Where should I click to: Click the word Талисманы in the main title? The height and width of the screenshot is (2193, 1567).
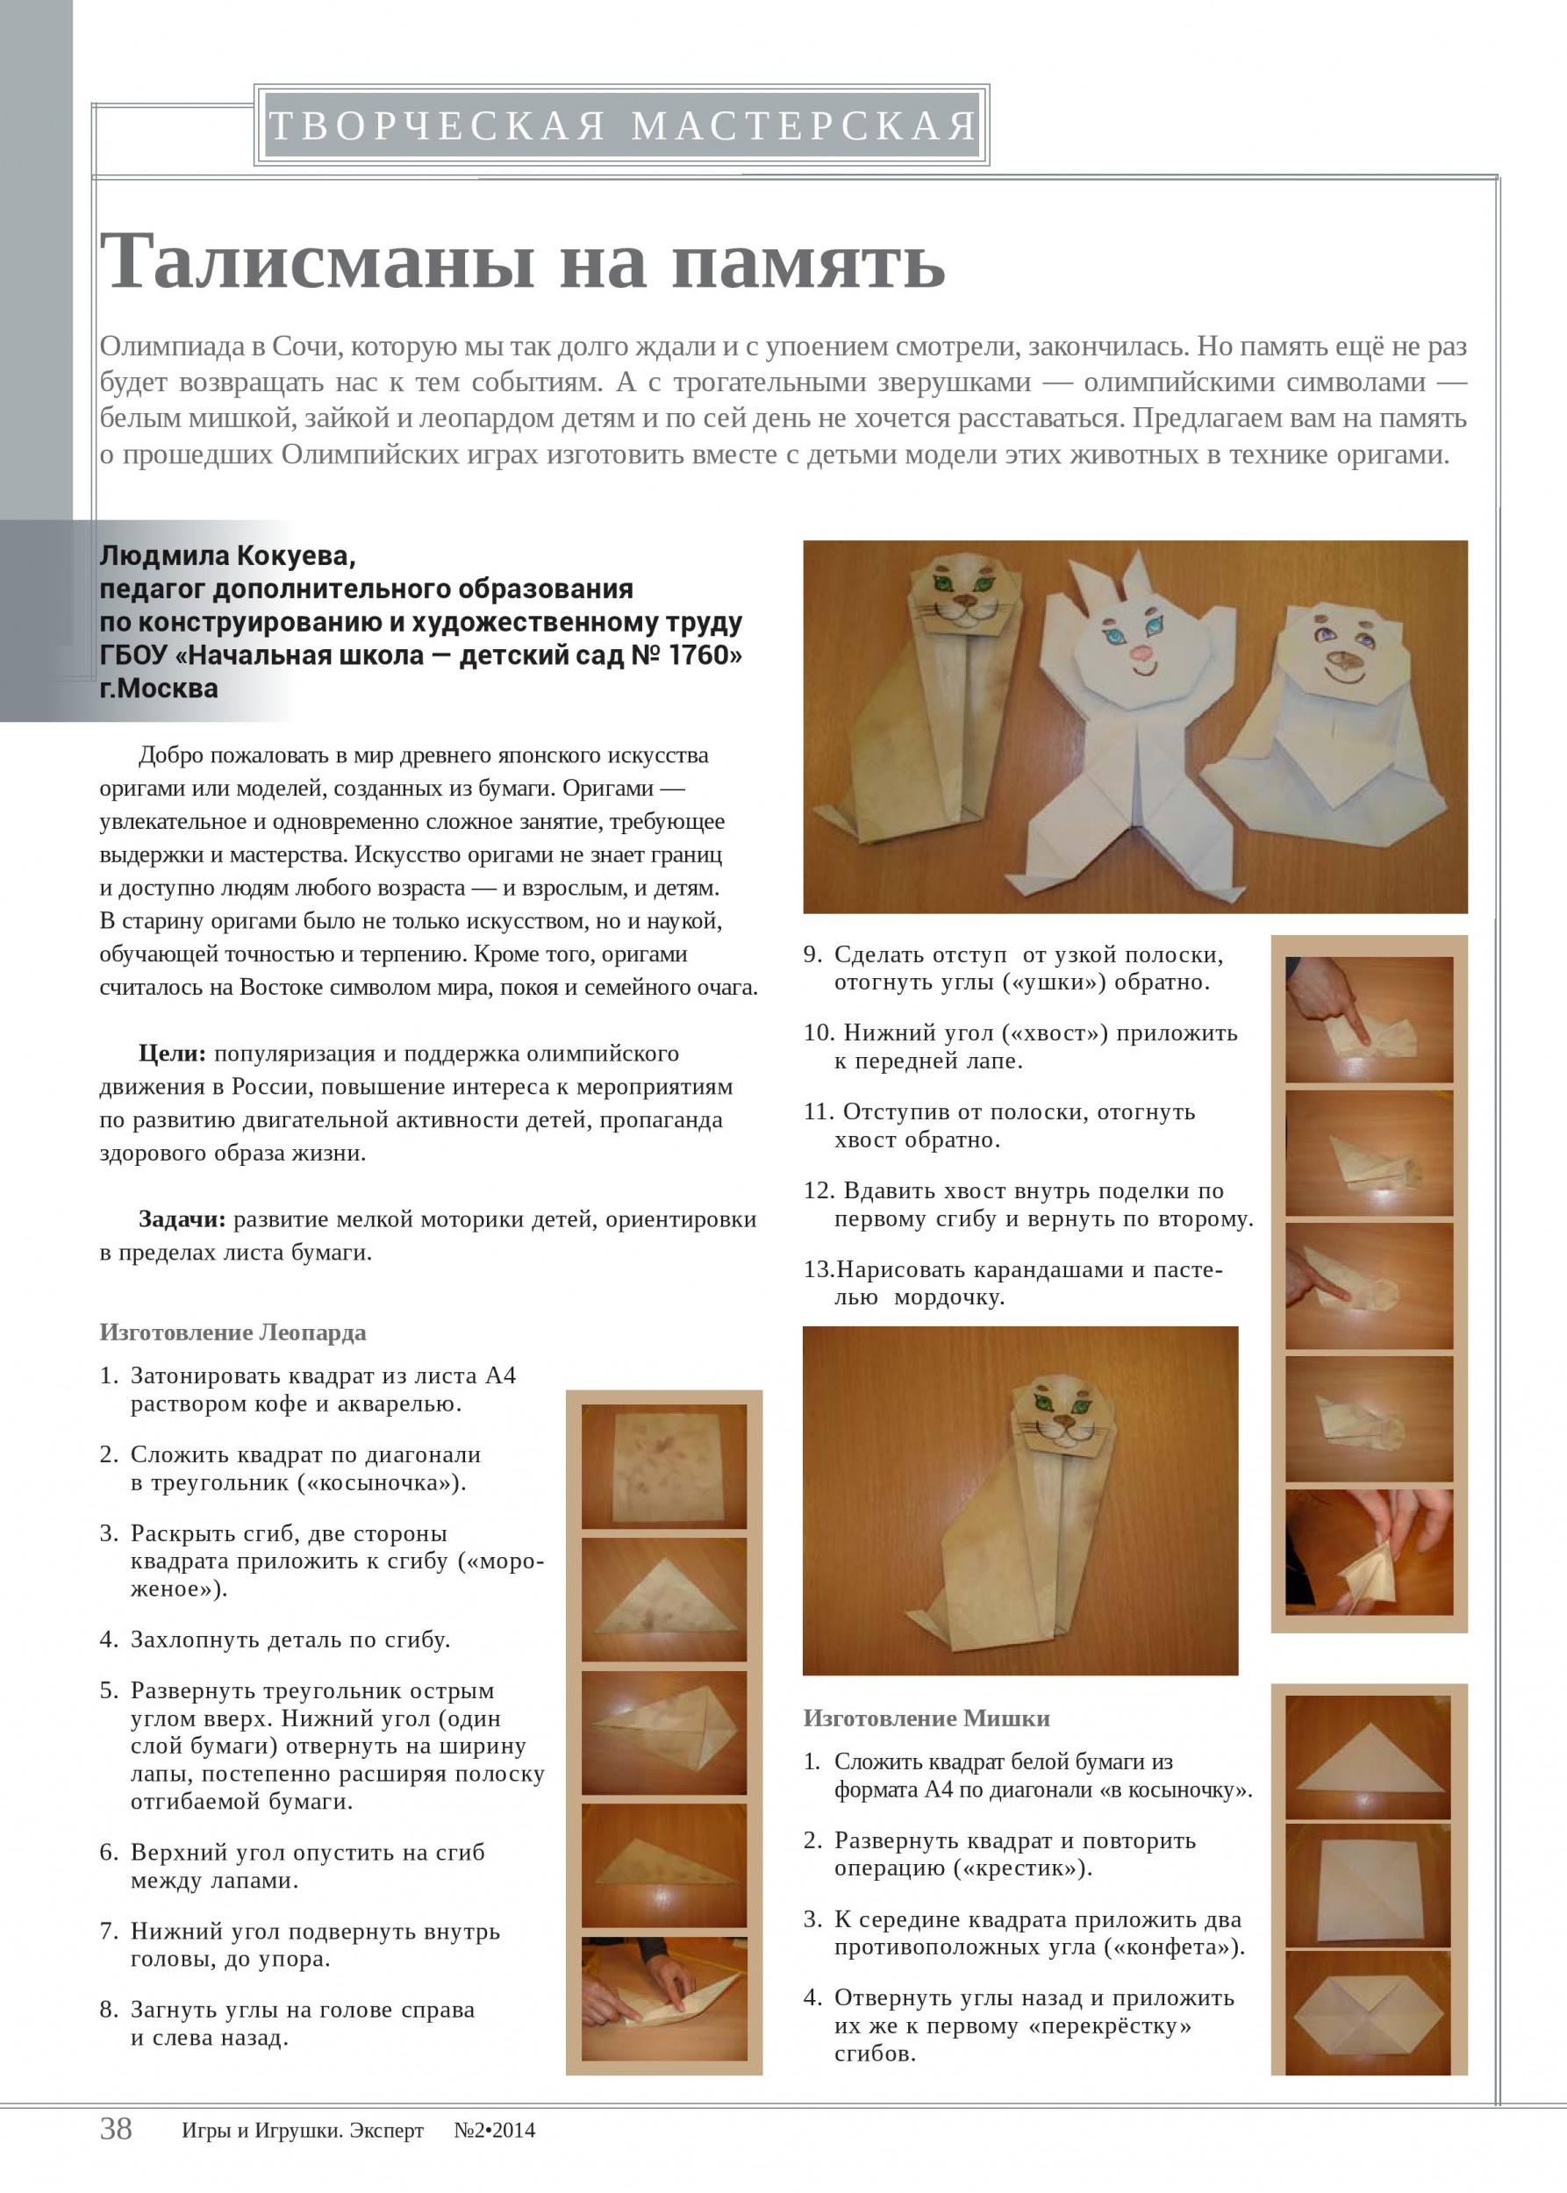tap(318, 262)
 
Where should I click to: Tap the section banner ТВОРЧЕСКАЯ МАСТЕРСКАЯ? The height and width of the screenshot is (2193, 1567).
tap(621, 125)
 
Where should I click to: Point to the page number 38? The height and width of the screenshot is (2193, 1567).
tap(116, 2128)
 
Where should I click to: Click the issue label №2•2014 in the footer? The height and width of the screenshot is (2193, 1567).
tap(494, 2131)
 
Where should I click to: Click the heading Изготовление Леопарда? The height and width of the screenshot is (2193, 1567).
tap(233, 1332)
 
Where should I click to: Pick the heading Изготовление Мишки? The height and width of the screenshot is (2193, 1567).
tap(927, 1718)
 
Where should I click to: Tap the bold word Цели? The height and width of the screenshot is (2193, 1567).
tap(172, 1054)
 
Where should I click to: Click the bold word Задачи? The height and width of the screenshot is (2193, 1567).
tap(182, 1219)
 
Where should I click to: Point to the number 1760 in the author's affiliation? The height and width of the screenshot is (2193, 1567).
tap(700, 655)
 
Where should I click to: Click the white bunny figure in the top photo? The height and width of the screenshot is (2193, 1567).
tap(1129, 714)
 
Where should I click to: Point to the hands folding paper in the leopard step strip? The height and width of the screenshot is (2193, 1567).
tap(664, 1997)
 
